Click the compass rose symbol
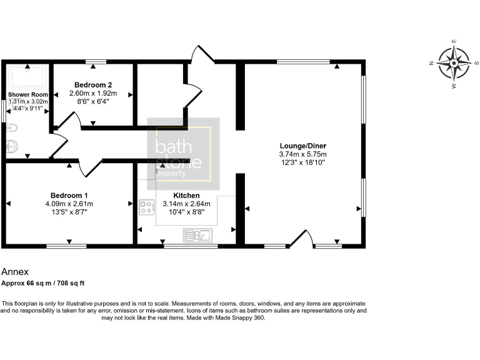pos(454,62)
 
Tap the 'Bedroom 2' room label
pos(93,84)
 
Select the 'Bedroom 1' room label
pos(68,194)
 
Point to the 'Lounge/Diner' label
pos(302,146)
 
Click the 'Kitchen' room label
pos(186,195)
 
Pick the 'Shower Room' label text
pos(27,94)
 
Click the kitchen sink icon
pos(197,235)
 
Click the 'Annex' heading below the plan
pos(16,272)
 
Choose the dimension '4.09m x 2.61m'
pos(69,203)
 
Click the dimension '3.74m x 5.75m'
pos(302,154)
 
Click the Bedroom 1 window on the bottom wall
pos(66,246)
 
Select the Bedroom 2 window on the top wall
pos(96,61)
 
